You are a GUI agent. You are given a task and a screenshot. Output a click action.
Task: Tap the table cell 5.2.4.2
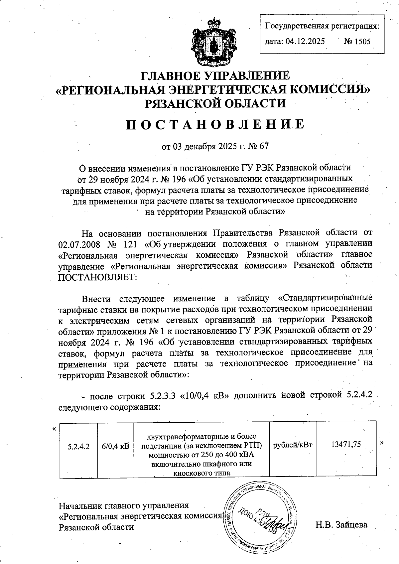[x=78, y=446]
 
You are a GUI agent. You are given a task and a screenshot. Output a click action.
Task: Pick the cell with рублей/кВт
[x=293, y=445]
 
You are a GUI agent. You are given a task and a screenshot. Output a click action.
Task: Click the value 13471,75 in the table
[x=346, y=445]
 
